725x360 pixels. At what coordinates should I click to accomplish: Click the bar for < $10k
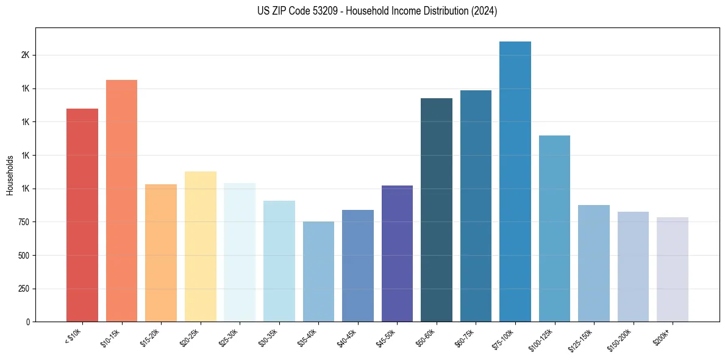click(x=82, y=215)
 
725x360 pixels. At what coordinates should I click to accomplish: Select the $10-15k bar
click(x=121, y=201)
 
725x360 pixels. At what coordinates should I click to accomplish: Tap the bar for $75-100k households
click(x=515, y=181)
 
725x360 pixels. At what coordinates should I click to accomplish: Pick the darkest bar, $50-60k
click(x=437, y=210)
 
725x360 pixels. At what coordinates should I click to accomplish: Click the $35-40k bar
click(x=318, y=272)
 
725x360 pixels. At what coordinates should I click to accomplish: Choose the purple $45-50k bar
click(x=397, y=253)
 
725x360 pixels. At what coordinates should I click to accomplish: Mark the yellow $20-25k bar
click(x=200, y=247)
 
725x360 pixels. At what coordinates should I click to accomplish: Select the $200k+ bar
click(x=673, y=269)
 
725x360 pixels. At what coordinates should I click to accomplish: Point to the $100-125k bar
click(x=554, y=228)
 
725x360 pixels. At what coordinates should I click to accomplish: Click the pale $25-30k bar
click(x=240, y=252)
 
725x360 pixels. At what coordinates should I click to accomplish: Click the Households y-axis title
click(x=10, y=175)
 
